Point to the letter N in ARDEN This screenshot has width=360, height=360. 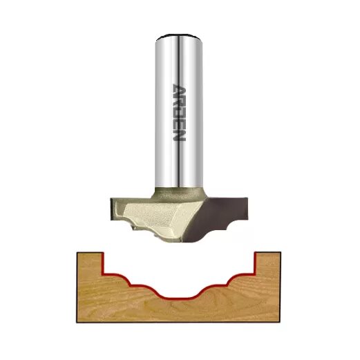click(x=178, y=136)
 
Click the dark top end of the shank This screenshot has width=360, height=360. click(x=178, y=35)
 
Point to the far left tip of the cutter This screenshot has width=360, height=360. click(x=108, y=207)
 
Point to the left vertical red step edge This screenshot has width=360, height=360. click(x=103, y=262)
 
